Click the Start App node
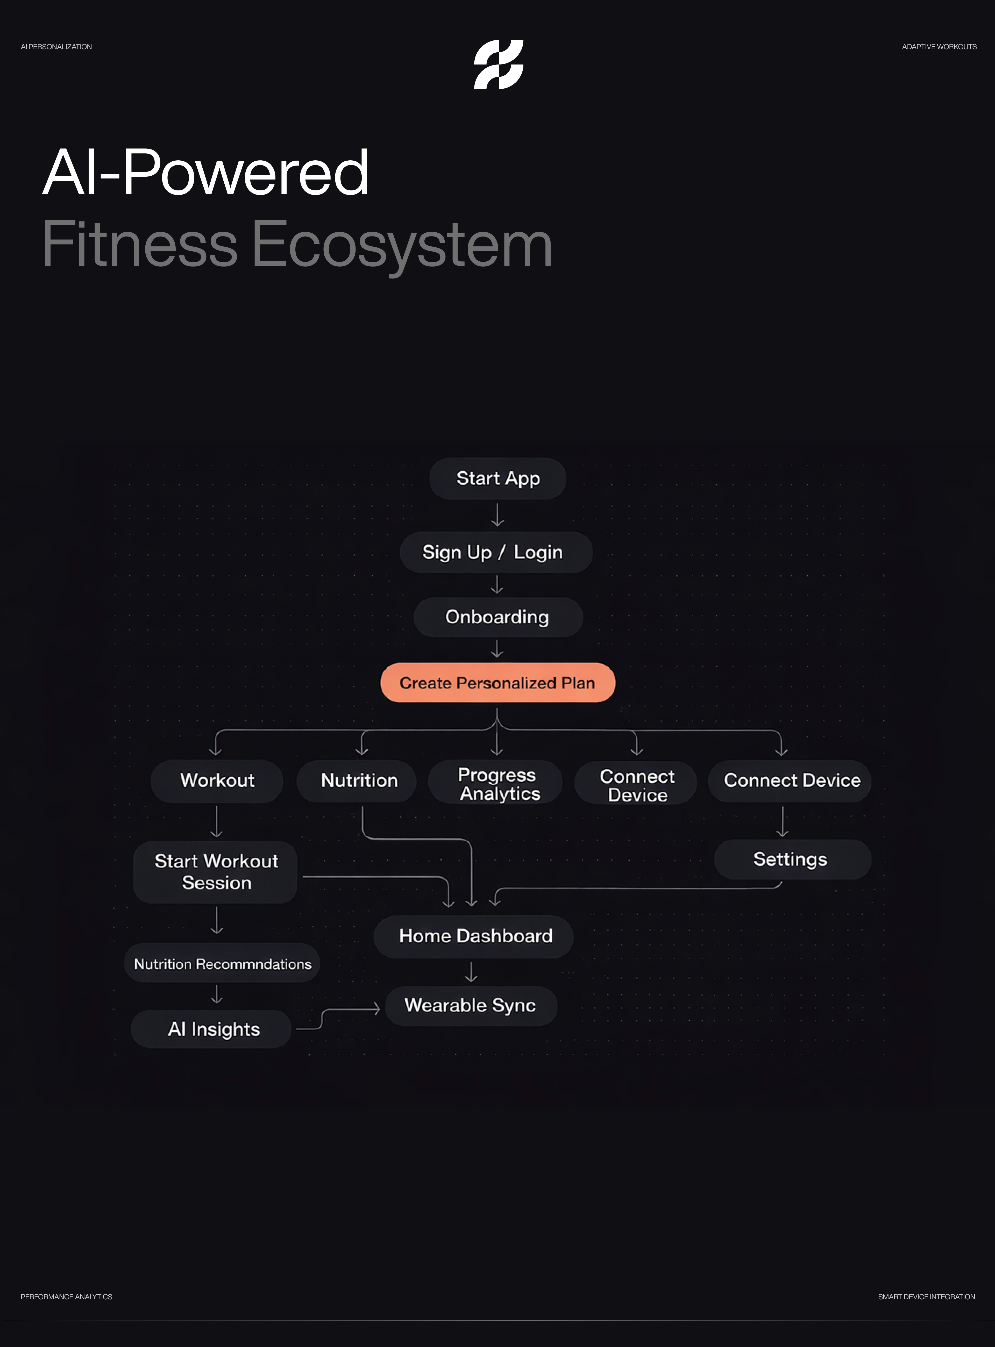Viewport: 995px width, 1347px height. click(x=497, y=479)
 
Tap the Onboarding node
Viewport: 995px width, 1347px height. click(x=497, y=617)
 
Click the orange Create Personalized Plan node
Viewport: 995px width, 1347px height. click(x=497, y=683)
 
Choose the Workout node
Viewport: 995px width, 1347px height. click(x=217, y=780)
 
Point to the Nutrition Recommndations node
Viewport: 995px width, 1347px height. click(x=222, y=964)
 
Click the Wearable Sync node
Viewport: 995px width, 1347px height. click(x=470, y=1006)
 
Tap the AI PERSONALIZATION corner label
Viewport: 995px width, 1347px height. click(x=56, y=47)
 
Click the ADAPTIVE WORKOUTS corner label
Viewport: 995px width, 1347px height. click(x=939, y=47)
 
